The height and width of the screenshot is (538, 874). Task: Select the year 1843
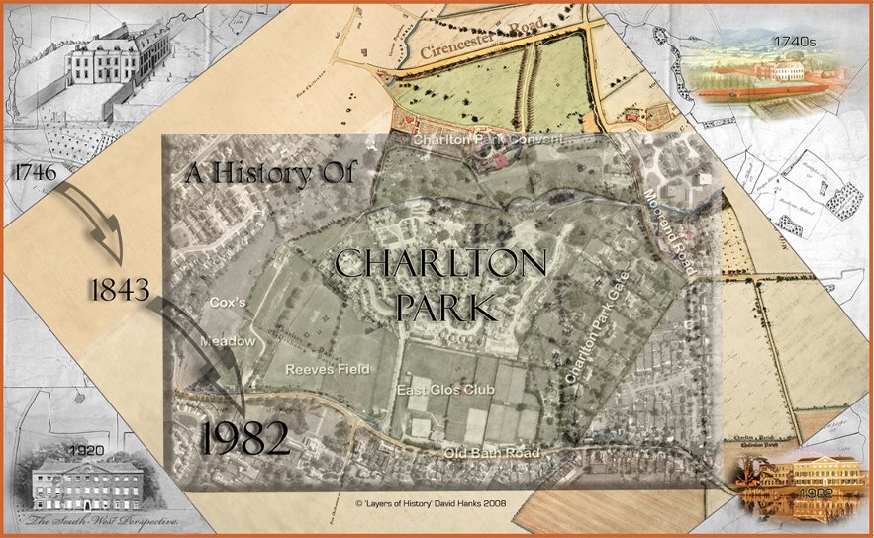[119, 290]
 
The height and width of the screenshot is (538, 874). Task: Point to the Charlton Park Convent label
[488, 140]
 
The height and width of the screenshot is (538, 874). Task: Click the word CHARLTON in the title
[440, 265]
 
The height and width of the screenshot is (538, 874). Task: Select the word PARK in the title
[440, 308]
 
